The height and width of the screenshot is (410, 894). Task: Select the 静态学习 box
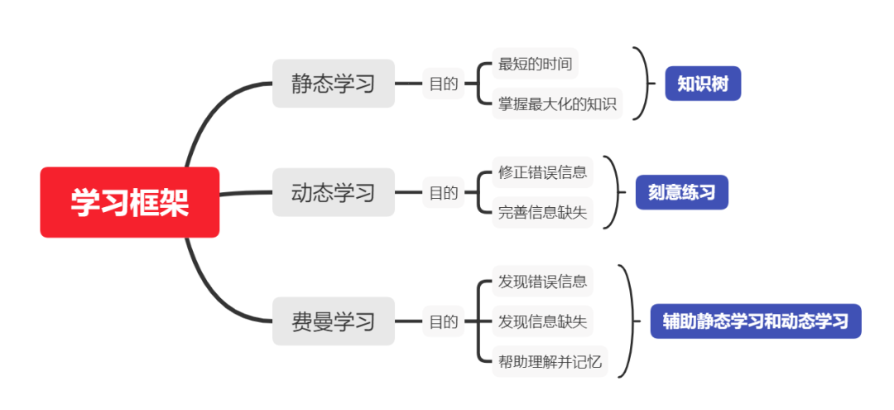334,84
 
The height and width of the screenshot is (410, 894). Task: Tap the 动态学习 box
334,193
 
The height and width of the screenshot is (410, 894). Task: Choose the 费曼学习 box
334,321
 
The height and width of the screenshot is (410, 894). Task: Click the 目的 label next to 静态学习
443,84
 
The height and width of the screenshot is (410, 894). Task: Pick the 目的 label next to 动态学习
443,193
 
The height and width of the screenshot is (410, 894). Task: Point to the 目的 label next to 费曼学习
443,321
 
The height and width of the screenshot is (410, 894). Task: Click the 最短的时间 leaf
535,64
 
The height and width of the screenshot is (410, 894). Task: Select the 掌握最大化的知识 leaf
557,104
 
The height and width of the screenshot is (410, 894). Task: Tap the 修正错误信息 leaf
542,172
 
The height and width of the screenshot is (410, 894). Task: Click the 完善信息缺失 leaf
542,212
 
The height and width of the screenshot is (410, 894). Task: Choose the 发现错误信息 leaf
542,281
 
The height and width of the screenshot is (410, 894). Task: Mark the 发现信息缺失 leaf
542,321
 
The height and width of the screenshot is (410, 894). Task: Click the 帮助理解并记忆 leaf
550,361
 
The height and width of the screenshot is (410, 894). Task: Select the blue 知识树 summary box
702,84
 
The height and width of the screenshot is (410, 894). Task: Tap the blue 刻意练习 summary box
681,193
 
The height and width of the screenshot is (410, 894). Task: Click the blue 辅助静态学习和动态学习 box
755,321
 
